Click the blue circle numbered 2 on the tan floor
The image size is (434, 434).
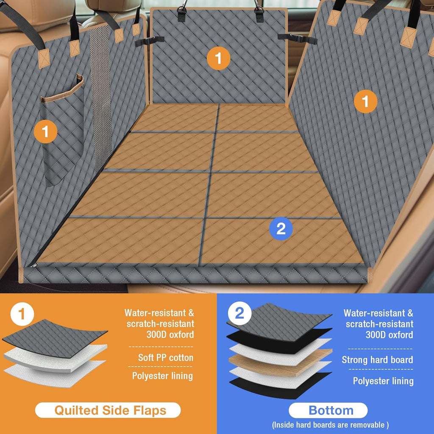coord(281,228)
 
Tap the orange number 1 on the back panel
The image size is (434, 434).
coord(218,58)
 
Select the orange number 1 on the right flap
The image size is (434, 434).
coord(365,101)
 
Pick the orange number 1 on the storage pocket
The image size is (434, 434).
coord(45,131)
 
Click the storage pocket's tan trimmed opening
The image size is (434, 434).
coord(62,89)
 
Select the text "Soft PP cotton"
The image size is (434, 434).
coord(166,358)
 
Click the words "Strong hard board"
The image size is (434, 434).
coord(377,360)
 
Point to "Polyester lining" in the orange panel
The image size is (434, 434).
coord(162,376)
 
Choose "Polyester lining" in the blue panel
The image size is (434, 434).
coord(383,381)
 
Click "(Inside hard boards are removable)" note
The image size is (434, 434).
coord(330,425)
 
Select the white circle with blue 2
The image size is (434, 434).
coord(240,313)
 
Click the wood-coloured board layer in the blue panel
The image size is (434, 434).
coord(280,363)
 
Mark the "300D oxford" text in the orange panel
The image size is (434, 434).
coord(170,335)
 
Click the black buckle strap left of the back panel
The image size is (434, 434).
coord(150,41)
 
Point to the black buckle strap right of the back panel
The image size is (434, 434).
coord(297,39)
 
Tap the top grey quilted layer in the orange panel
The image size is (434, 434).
coord(55,338)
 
